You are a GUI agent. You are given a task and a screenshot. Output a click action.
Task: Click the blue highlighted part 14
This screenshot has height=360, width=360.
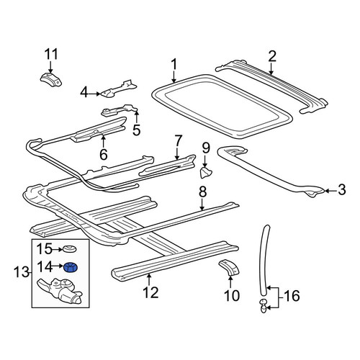click(x=71, y=267)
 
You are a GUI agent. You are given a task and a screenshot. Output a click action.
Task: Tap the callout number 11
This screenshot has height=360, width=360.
click(x=50, y=54)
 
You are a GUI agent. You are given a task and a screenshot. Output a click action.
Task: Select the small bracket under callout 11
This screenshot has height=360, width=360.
click(x=50, y=79)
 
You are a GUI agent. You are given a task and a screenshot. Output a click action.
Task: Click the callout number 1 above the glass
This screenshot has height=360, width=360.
click(x=174, y=64)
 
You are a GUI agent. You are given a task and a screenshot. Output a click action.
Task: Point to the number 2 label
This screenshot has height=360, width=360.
click(x=272, y=56)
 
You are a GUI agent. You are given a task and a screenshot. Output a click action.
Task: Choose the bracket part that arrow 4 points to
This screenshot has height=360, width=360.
click(x=118, y=89)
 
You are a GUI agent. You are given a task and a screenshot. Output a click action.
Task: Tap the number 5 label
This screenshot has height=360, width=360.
click(x=136, y=130)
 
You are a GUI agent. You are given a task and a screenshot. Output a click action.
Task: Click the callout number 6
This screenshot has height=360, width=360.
click(x=104, y=154)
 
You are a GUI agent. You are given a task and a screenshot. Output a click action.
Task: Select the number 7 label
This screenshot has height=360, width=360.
click(x=177, y=141)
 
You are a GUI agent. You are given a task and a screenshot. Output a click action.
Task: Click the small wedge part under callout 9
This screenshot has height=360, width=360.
click(x=206, y=173)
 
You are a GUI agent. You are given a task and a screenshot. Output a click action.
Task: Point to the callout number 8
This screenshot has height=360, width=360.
click(x=202, y=192)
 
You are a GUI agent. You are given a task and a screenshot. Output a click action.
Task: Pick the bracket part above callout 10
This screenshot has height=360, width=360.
click(x=229, y=266)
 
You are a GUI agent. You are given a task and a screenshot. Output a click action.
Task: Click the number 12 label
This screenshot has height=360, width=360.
click(x=150, y=292)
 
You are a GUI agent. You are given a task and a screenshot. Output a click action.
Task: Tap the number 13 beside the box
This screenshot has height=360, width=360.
click(x=22, y=272)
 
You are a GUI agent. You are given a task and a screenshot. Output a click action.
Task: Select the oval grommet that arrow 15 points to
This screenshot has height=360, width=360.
click(x=70, y=249)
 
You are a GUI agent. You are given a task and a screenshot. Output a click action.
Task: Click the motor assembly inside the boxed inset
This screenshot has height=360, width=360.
click(x=60, y=290)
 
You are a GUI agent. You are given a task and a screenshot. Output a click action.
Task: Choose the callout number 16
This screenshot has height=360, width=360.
click(x=292, y=295)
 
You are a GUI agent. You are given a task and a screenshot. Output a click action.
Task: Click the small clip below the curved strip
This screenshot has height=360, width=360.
click(x=264, y=306)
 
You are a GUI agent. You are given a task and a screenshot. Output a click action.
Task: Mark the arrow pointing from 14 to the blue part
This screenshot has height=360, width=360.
click(x=58, y=266)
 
